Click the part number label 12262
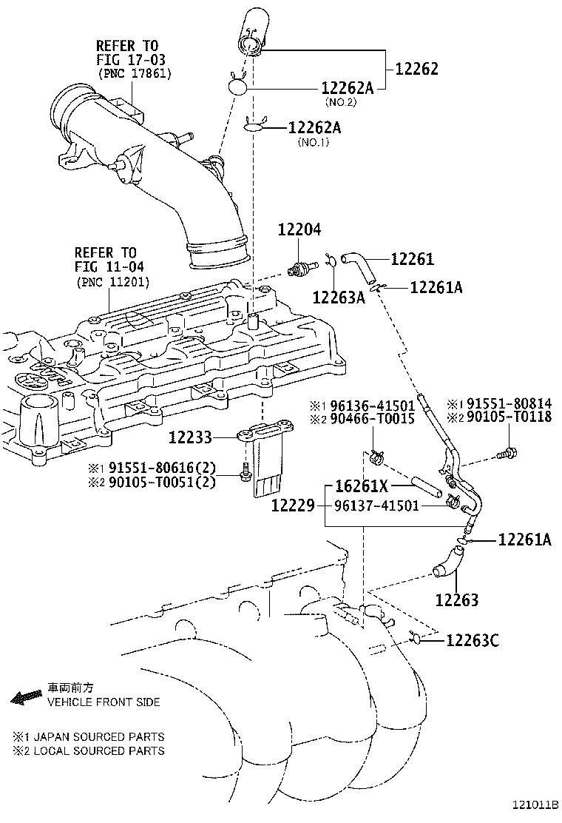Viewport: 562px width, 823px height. pos(417,69)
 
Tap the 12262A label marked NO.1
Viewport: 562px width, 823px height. pos(314,128)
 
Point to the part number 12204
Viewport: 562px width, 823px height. pos(299,230)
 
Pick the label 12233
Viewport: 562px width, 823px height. pos(190,438)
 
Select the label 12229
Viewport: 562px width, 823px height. pos(294,505)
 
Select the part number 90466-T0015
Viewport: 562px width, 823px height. pos(373,418)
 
